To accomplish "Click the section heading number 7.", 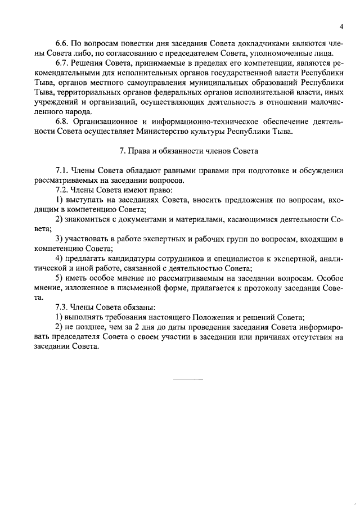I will point(122,151).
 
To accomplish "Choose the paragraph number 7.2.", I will point(62,190).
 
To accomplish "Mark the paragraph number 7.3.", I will point(62,307).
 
